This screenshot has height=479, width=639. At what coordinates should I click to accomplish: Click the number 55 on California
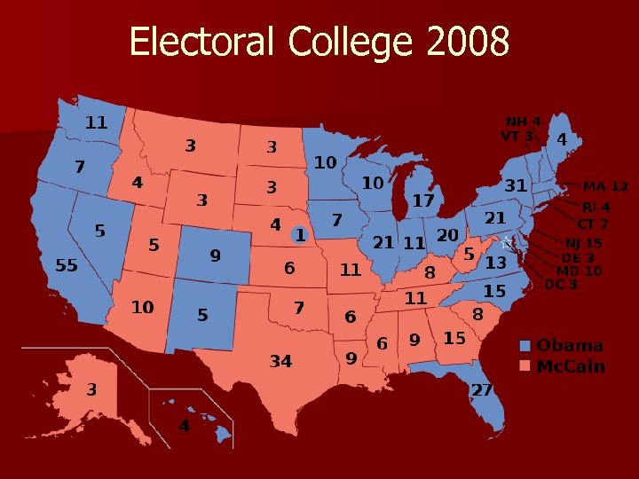pyautogui.click(x=67, y=265)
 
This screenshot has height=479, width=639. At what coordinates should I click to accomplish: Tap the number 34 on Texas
pyautogui.click(x=281, y=361)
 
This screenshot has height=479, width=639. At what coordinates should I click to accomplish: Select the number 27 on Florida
pyautogui.click(x=482, y=390)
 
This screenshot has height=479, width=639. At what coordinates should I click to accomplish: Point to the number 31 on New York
pyautogui.click(x=516, y=186)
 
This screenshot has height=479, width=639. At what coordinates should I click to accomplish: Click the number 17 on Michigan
pyautogui.click(x=423, y=201)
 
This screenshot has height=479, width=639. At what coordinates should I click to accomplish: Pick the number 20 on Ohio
pyautogui.click(x=447, y=234)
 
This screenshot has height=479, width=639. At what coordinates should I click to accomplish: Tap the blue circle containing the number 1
pyautogui.click(x=300, y=235)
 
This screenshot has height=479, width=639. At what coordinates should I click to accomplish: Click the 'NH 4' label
pyautogui.click(x=524, y=122)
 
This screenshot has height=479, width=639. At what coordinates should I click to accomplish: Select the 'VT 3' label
pyautogui.click(x=517, y=137)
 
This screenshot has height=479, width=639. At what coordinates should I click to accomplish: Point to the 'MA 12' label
pyautogui.click(x=605, y=186)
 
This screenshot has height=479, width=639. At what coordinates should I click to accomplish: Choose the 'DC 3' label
pyautogui.click(x=561, y=285)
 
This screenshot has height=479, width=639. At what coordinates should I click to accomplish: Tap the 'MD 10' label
pyautogui.click(x=579, y=271)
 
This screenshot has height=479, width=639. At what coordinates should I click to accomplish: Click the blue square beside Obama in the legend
pyautogui.click(x=525, y=346)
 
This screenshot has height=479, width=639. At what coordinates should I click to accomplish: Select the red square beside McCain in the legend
pyautogui.click(x=525, y=365)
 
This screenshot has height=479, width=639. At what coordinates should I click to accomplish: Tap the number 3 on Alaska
pyautogui.click(x=91, y=389)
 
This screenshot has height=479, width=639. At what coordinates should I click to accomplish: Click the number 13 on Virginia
pyautogui.click(x=495, y=263)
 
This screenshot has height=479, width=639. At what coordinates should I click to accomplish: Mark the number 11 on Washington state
pyautogui.click(x=96, y=122)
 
